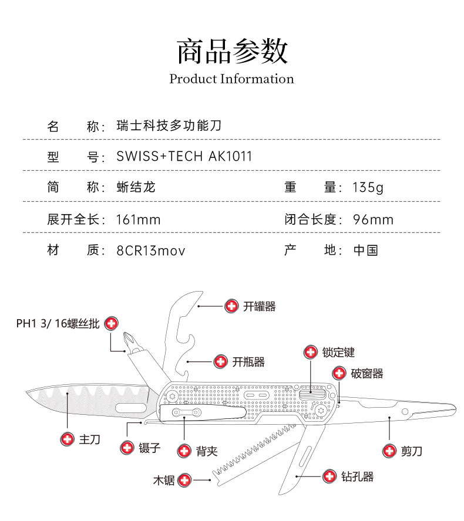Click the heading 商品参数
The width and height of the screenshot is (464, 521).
click(232, 51)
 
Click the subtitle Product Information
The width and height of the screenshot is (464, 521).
click(231, 79)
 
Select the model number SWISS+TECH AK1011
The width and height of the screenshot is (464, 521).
click(184, 156)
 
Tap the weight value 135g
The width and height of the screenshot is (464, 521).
click(368, 187)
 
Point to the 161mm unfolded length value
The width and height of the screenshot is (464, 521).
click(139, 219)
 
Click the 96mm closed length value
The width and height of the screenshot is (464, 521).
click(373, 219)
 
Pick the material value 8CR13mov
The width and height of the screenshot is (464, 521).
click(151, 251)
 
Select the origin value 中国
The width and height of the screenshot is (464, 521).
click(365, 250)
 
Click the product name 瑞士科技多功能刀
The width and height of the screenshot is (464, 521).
click(169, 126)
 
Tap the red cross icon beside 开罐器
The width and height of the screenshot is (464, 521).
click(231, 306)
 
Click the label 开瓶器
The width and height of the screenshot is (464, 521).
click(248, 362)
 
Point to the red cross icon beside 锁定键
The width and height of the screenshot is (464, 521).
click(311, 352)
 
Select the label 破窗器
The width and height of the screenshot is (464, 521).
click(367, 374)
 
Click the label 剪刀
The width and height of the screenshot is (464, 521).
click(412, 451)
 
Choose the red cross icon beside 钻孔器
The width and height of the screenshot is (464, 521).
click(329, 476)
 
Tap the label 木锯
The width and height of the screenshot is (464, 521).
click(164, 480)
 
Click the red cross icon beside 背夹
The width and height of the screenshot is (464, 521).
click(184, 451)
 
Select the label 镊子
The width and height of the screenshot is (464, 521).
click(150, 448)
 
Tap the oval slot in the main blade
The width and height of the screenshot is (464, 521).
click(132, 408)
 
